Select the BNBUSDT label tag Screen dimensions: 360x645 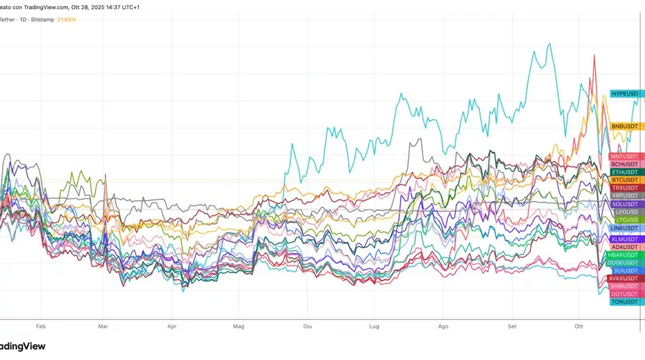point(624,126)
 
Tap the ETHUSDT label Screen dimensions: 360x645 point(624,172)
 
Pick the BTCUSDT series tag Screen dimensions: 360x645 point(624,180)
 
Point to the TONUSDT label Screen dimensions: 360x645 point(624,302)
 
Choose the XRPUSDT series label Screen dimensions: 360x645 point(624,196)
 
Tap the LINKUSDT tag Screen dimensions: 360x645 point(624,228)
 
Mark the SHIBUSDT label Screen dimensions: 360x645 point(623,286)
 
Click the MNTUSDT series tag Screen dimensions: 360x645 point(624,157)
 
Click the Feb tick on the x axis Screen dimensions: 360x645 point(40,325)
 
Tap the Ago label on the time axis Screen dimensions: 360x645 point(443,325)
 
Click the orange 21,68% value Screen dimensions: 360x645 point(66,19)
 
